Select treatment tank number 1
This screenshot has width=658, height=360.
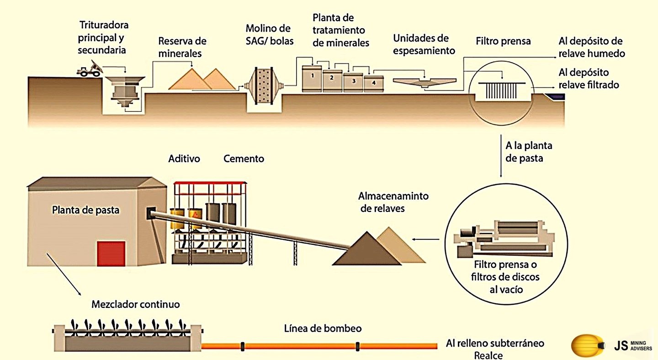[313, 78]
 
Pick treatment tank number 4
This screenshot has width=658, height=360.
[373, 83]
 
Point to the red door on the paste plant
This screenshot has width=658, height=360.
[111, 254]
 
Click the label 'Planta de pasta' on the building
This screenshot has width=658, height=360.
[85, 211]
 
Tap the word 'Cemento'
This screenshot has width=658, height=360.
[244, 159]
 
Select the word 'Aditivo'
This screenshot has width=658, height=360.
[184, 159]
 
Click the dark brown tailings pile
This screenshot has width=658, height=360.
[366, 250]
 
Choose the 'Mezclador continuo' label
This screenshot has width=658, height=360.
[135, 304]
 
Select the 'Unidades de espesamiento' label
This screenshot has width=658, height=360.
[424, 44]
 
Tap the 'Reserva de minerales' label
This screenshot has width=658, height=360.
[182, 47]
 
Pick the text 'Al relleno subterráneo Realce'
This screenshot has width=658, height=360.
[495, 349]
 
